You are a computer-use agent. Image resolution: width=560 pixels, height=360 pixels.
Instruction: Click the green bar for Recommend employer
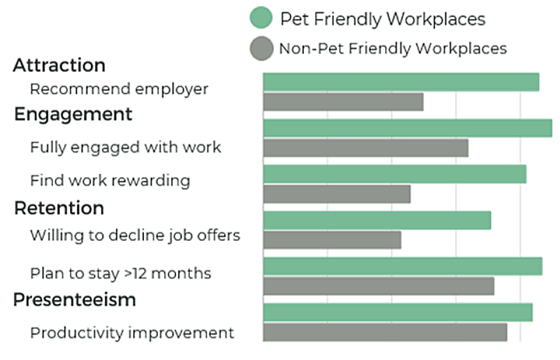pyautogui.click(x=401, y=82)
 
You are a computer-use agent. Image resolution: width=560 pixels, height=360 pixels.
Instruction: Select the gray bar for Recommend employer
pyautogui.click(x=343, y=102)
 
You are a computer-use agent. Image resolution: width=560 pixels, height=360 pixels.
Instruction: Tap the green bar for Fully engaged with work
pyautogui.click(x=407, y=128)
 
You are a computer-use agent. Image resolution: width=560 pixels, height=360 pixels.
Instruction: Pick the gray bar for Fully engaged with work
pyautogui.click(x=365, y=148)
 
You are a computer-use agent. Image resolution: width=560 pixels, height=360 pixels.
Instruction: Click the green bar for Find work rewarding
pyautogui.click(x=394, y=174)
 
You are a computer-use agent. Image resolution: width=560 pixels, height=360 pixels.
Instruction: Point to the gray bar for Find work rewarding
pyautogui.click(x=337, y=194)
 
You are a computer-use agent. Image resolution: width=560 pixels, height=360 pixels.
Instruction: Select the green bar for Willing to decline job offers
pyautogui.click(x=377, y=221)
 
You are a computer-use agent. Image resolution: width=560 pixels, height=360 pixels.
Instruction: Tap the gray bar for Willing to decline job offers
pyautogui.click(x=332, y=240)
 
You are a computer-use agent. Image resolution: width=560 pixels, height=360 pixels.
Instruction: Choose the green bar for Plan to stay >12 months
pyautogui.click(x=403, y=266)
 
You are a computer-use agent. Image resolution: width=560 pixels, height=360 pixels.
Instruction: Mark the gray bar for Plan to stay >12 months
pyautogui.click(x=379, y=286)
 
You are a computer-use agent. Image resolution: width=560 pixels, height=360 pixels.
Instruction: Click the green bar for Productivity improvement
pyautogui.click(x=398, y=312)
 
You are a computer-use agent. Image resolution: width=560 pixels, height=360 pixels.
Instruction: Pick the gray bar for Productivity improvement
pyautogui.click(x=385, y=332)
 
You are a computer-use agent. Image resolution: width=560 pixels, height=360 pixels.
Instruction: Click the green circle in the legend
pyautogui.click(x=261, y=18)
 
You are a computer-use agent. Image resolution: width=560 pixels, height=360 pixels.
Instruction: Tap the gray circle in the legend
pyautogui.click(x=261, y=48)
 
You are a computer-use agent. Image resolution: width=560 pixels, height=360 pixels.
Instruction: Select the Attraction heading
pyautogui.click(x=59, y=65)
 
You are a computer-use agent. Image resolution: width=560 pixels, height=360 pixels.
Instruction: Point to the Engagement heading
pyautogui.click(x=73, y=114)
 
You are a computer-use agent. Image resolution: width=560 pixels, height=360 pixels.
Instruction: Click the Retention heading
pyautogui.click(x=59, y=208)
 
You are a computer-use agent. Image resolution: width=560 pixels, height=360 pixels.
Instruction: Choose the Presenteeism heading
pyautogui.click(x=75, y=300)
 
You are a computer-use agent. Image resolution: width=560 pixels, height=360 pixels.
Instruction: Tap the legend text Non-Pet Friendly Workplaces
pyautogui.click(x=393, y=48)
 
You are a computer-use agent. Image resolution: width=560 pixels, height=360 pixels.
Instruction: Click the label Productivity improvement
pyautogui.click(x=132, y=333)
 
